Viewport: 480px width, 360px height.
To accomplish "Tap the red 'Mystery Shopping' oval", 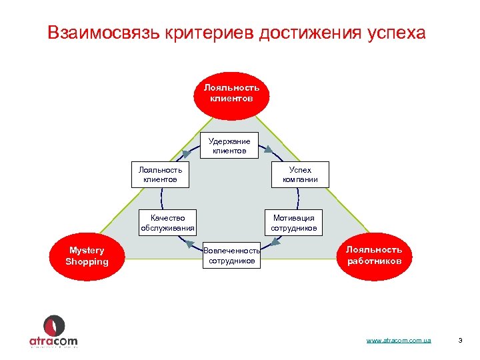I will click(x=87, y=256).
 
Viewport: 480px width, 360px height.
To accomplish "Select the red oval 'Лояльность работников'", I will click(x=374, y=255).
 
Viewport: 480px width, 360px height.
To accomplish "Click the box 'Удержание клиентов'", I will click(x=229, y=146).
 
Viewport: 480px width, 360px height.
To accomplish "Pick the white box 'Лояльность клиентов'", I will click(x=160, y=174).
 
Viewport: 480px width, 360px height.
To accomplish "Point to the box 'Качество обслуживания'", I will click(x=167, y=223).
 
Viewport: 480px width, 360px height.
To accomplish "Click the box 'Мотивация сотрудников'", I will click(x=293, y=223).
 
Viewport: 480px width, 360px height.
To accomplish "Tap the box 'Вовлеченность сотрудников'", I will click(x=231, y=255).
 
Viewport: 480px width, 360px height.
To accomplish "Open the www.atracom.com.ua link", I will click(x=399, y=341).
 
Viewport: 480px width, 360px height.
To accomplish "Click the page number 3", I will click(x=460, y=341).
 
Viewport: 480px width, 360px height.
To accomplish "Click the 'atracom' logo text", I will click(x=53, y=341).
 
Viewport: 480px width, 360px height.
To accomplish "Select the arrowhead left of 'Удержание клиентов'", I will click(x=187, y=154).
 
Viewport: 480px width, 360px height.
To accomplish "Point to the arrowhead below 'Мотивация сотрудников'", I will click(x=275, y=242).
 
